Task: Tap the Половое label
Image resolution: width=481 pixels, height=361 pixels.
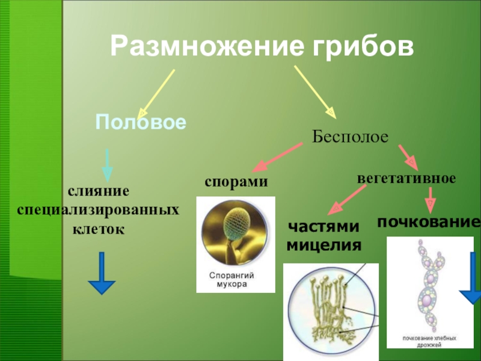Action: pyautogui.click(x=141, y=123)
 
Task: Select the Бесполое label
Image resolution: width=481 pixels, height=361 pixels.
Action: pyautogui.click(x=351, y=137)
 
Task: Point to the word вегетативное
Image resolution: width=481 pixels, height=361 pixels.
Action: pyautogui.click(x=407, y=179)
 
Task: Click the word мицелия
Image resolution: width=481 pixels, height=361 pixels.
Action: pyautogui.click(x=323, y=245)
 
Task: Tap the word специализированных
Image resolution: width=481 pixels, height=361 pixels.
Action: pyautogui.click(x=99, y=211)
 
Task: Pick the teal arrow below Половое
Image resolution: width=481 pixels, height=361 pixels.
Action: pyautogui.click(x=106, y=164)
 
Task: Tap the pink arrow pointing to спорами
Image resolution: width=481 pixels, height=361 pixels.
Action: pyautogui.click(x=279, y=157)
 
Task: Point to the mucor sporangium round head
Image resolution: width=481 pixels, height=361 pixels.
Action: pyautogui.click(x=240, y=219)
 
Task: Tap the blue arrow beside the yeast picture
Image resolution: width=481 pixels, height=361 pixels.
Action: pyautogui.click(x=471, y=293)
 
